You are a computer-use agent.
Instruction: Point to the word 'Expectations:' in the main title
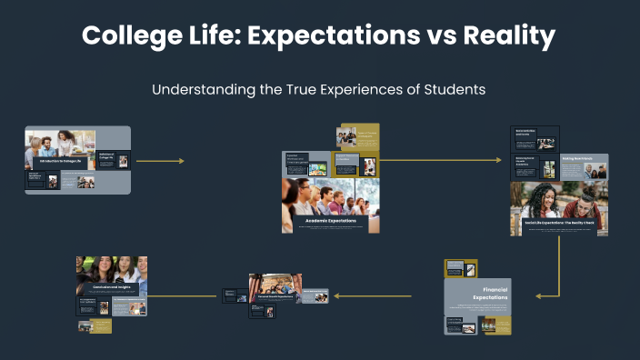coord(309,36)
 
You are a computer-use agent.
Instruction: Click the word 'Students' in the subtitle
coord(455,90)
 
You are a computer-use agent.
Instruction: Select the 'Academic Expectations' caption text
coord(330,220)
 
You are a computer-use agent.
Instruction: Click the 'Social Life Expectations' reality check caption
coord(558,222)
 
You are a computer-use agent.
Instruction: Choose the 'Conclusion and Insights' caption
coord(111,286)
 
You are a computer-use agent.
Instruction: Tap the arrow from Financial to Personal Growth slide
coord(373,295)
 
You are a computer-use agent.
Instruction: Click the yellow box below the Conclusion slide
coord(101,325)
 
